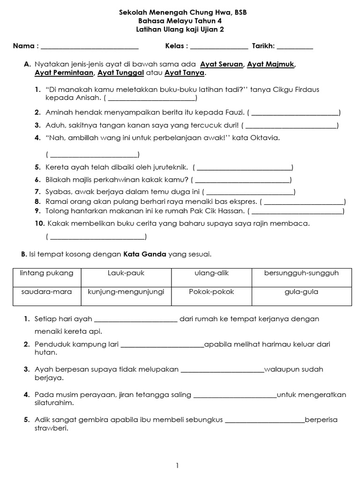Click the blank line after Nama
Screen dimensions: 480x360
pyautogui.click(x=90, y=46)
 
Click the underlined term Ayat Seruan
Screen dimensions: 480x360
pyautogui.click(x=221, y=64)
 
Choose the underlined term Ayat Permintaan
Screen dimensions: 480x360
pyautogui.click(x=64, y=73)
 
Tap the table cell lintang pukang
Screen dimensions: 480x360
pyautogui.click(x=46, y=273)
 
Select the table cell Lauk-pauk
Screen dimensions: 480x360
pyautogui.click(x=126, y=273)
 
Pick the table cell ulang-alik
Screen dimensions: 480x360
pyautogui.click(x=211, y=273)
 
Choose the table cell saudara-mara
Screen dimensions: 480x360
pyautogui.click(x=46, y=292)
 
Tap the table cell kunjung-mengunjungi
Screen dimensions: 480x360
pyautogui.click(x=126, y=292)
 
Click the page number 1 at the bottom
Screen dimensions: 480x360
pyautogui.click(x=177, y=465)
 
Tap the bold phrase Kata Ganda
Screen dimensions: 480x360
pyautogui.click(x=145, y=254)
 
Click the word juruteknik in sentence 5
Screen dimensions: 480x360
pyautogui.click(x=169, y=167)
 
